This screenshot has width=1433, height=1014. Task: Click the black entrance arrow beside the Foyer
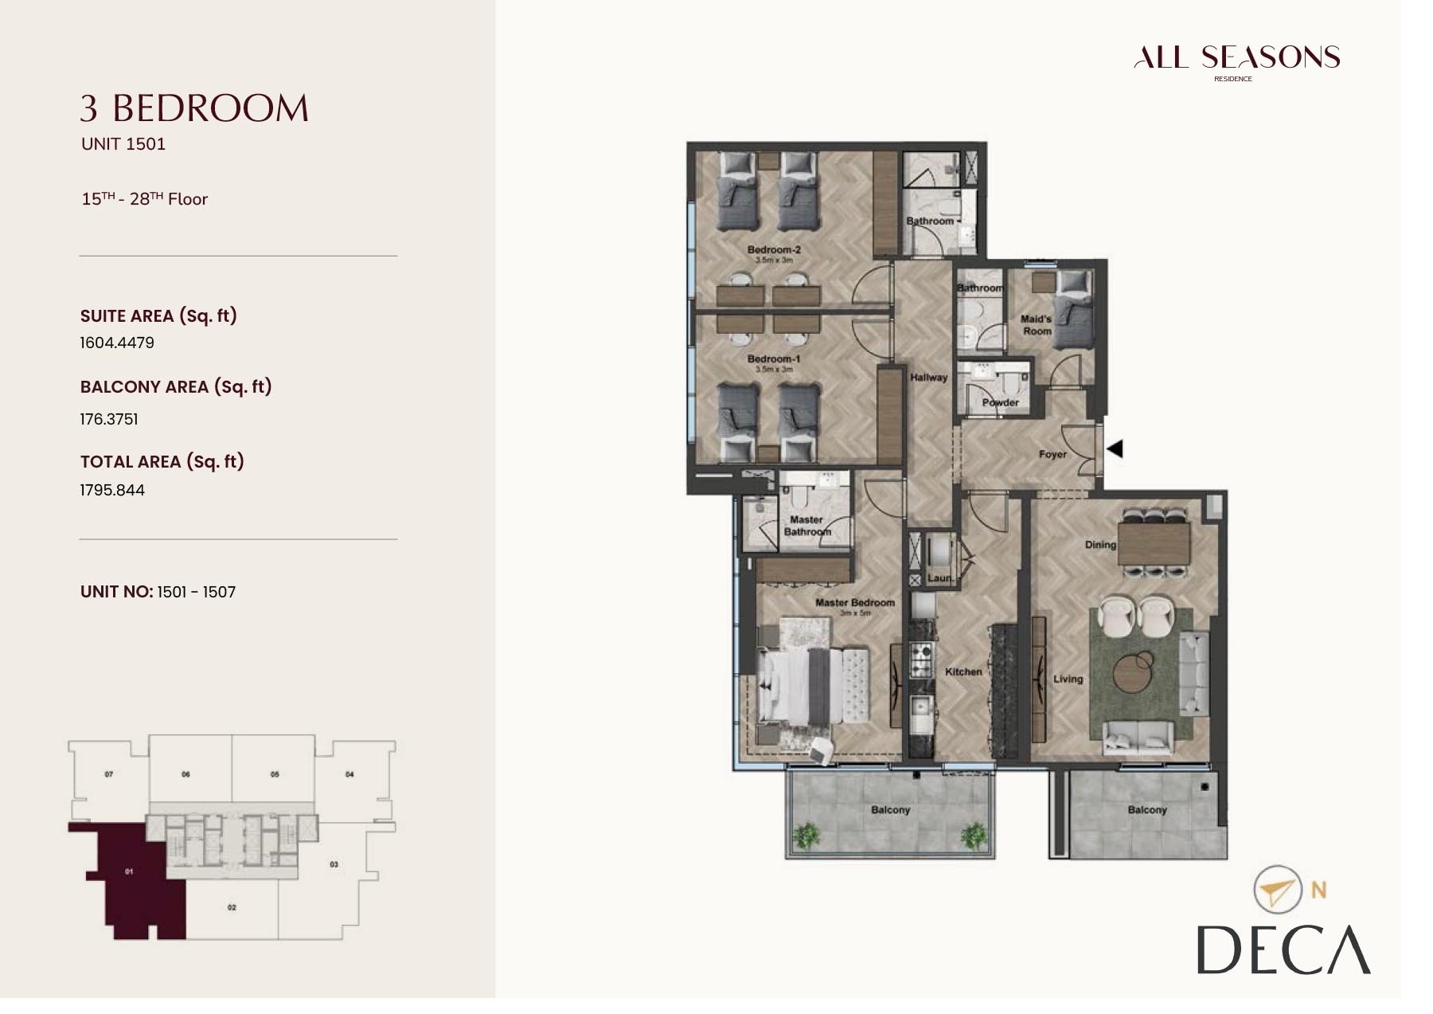(1115, 448)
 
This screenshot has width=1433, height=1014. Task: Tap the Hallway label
(928, 378)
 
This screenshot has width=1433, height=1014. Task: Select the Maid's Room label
(1037, 325)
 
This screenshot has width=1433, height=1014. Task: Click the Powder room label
(1000, 402)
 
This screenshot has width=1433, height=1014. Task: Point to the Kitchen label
(963, 671)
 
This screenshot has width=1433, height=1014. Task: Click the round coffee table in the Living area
(1133, 671)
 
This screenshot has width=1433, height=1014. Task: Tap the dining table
(1154, 543)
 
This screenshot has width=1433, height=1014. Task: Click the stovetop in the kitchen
(922, 658)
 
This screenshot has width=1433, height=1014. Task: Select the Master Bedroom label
(854, 603)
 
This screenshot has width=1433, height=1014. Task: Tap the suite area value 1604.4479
(117, 343)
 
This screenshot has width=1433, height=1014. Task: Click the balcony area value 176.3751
(109, 419)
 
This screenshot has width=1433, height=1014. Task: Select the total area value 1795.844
(112, 490)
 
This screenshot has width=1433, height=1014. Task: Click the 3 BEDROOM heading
(194, 109)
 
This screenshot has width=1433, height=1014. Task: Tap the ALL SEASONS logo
(1236, 58)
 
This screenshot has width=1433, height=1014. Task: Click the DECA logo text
(1283, 949)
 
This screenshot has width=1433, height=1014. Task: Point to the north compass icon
(1276, 890)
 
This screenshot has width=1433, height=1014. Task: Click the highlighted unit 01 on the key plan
(131, 876)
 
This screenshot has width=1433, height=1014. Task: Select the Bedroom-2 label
(774, 249)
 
